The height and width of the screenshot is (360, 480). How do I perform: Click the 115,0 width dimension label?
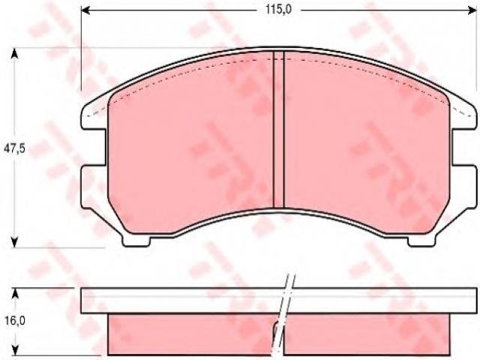click(278, 10)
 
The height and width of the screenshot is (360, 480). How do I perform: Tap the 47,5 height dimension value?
click(14, 148)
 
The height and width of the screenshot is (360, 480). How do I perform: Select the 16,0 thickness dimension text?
click(15, 320)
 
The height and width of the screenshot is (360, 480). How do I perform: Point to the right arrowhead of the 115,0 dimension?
click(472, 10)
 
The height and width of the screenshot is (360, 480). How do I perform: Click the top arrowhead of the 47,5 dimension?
click(14, 54)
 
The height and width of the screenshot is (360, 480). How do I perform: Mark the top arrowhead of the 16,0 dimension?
click(14, 293)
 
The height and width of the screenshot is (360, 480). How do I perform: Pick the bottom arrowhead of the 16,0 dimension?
click(14, 349)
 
